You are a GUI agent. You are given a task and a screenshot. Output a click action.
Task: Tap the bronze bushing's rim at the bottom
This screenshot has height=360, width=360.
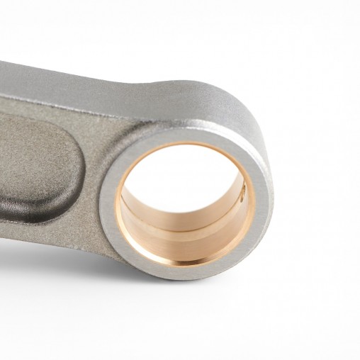[x=186, y=263]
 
